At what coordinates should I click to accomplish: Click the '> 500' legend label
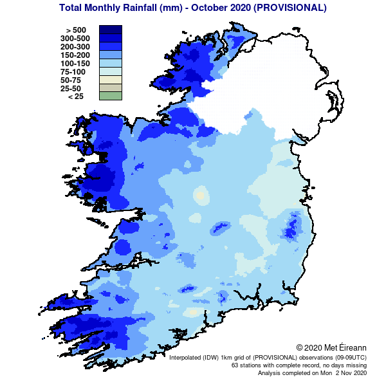tap(76, 30)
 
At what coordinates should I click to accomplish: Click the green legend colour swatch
tap(110, 96)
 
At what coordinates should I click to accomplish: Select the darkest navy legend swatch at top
tap(110, 30)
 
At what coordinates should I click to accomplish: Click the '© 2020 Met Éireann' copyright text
tap(331, 347)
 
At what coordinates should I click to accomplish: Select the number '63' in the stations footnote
tap(235, 365)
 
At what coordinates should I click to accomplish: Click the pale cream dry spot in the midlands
tap(200, 194)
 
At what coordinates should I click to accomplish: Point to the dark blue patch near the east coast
tap(293, 226)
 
